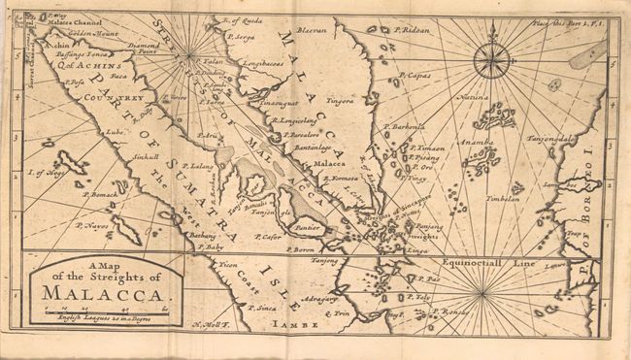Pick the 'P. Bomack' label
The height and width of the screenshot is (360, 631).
pos(100,197)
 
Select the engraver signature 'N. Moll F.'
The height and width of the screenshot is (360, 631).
pos(211,325)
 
